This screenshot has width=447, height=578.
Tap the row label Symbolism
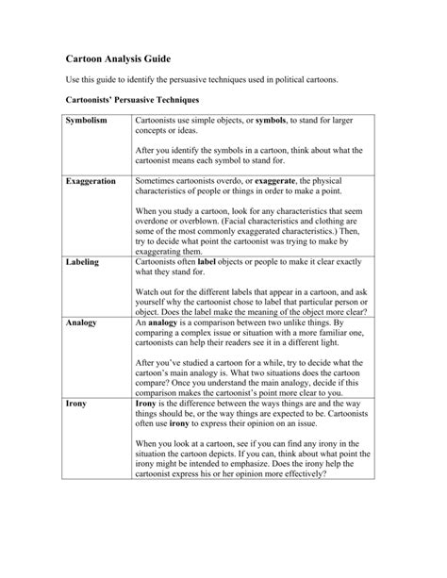87,123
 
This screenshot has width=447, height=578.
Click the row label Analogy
81,323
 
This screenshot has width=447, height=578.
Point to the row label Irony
76,404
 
